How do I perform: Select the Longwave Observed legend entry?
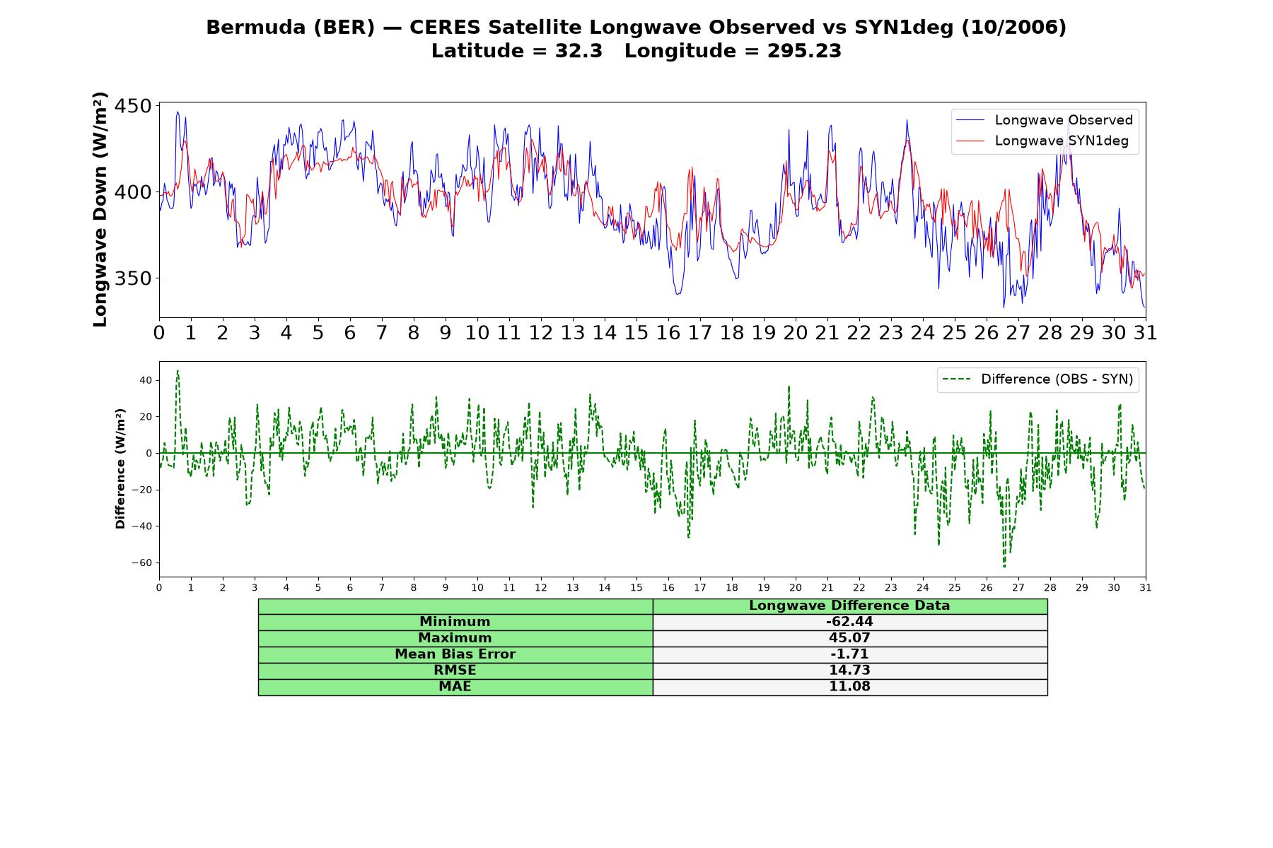pos(1045,120)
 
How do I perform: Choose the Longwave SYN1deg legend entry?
pos(1045,141)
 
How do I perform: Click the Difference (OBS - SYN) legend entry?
pos(1037,379)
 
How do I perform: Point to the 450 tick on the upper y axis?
pos(133,106)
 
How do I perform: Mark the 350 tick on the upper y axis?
pos(133,278)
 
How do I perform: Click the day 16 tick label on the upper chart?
pos(668,332)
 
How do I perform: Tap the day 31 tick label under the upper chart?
pos(1145,332)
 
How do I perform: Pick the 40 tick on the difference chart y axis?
pos(146,380)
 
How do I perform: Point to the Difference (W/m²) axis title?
pos(120,469)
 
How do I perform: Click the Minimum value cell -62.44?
pos(849,622)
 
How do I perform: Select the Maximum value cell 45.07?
pos(849,638)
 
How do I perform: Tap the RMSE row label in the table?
pos(455,671)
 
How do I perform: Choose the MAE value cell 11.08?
pos(849,687)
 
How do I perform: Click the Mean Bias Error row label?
pos(455,654)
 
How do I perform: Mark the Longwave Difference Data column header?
pos(849,606)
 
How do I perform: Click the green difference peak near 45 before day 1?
pos(178,370)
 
